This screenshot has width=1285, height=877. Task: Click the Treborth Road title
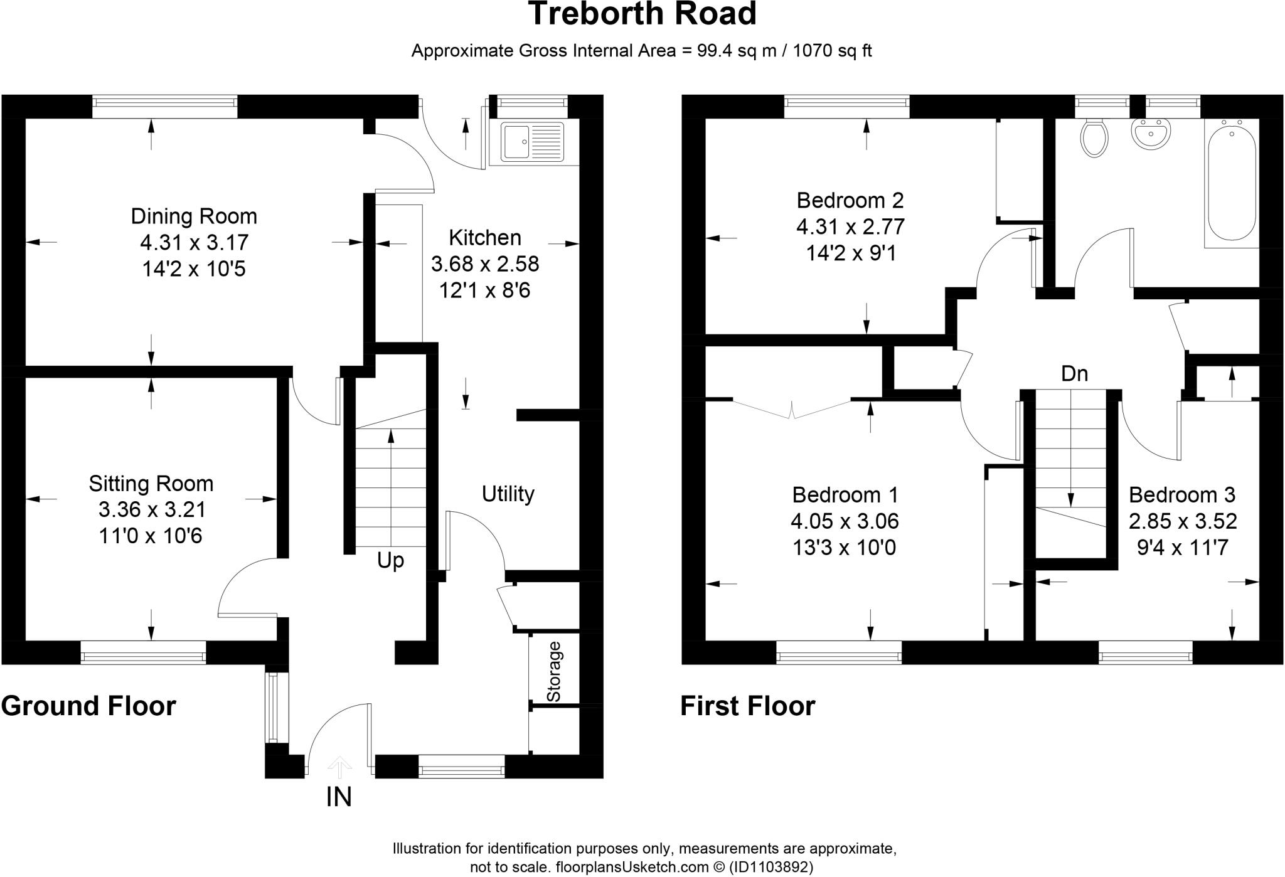coord(642,14)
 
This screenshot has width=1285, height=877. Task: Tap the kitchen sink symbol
coord(532,142)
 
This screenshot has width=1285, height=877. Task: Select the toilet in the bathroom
coord(1095,137)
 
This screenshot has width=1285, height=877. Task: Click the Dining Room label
coord(194,216)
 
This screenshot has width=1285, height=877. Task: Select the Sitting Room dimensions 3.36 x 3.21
coord(152,509)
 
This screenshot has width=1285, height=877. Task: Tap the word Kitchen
coord(485,238)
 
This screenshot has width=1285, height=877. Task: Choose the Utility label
coord(508,494)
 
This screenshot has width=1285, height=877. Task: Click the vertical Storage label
coord(553,672)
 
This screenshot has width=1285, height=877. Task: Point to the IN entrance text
coord(339,797)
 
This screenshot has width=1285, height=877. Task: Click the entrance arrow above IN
coord(339,766)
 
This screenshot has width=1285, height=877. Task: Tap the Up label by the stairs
coord(390,560)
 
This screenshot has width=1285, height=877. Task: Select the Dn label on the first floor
coord(1074,374)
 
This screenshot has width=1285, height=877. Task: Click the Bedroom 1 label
coord(845,495)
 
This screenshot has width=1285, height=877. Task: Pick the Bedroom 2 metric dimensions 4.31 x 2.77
coord(850,226)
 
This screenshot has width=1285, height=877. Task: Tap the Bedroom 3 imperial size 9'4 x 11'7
coord(1182,548)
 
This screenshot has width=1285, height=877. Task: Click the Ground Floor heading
coord(88,706)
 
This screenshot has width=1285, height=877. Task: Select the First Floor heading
coord(747,706)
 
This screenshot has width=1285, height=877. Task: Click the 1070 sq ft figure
coord(832,51)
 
